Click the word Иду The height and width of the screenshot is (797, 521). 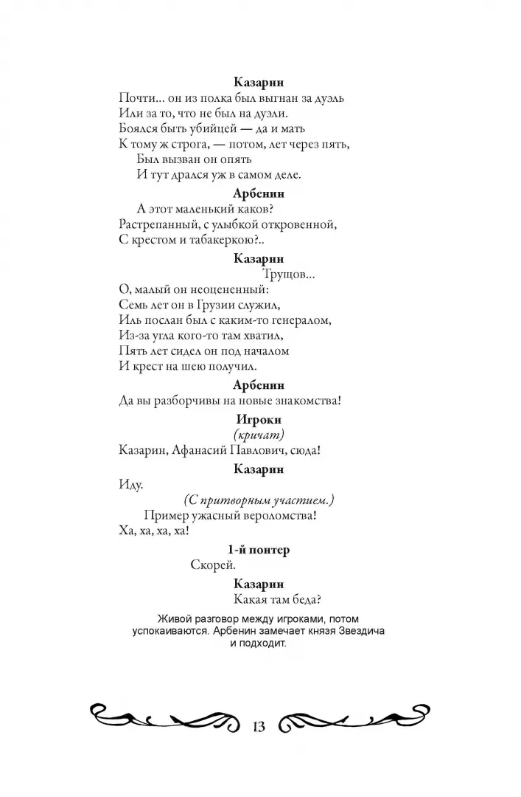point(130,485)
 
